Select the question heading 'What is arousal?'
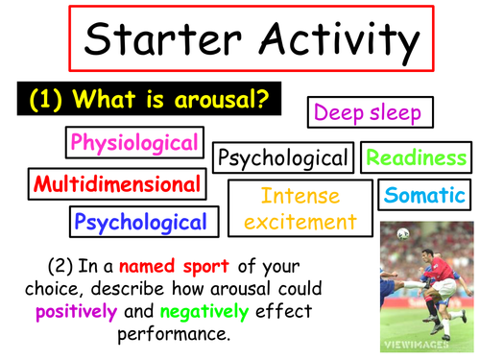click(183, 100)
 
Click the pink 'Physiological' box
click(135, 144)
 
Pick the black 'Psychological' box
click(282, 157)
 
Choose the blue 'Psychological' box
click(140, 223)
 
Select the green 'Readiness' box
click(417, 157)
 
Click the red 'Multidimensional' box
click(116, 183)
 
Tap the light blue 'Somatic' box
click(424, 195)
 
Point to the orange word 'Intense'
click(300, 197)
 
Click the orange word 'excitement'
click(300, 222)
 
